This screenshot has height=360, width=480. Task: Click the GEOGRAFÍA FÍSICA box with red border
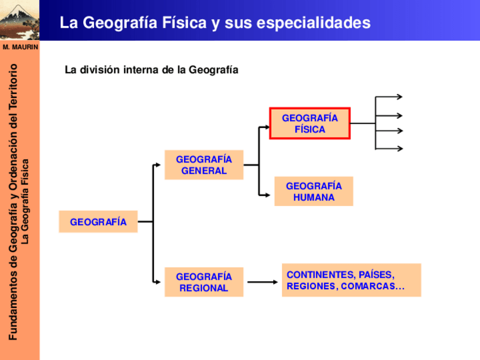click(310, 123)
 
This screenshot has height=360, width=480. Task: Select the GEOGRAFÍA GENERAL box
click(204, 165)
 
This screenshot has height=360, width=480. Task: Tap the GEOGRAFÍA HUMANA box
click(314, 191)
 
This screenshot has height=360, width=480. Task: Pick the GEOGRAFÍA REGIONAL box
click(204, 282)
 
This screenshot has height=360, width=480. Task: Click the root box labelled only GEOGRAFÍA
click(98, 222)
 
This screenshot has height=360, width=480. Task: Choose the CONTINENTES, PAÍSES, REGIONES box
click(351, 280)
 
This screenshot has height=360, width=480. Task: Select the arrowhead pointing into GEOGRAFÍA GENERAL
click(158, 166)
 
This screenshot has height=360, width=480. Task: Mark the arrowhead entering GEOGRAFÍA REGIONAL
click(158, 280)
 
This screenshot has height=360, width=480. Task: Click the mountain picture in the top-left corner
click(19, 20)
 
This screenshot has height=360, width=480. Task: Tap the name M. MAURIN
click(19, 47)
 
